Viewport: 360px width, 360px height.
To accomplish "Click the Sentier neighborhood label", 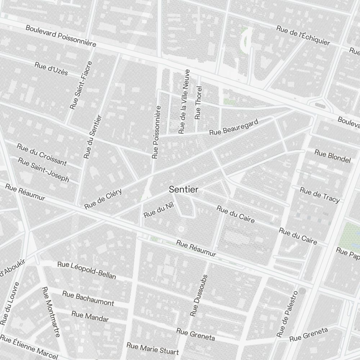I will click(x=184, y=189).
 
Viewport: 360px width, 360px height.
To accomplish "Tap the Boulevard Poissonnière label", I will click(x=61, y=36).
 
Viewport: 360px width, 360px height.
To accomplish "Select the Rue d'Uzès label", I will click(x=51, y=68).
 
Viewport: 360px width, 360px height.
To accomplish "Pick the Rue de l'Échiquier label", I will click(x=303, y=36).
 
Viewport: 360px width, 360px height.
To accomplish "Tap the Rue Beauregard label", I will click(x=234, y=128).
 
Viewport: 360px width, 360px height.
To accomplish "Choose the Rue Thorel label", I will click(x=198, y=103).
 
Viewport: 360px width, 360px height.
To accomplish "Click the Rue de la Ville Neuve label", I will click(x=184, y=102).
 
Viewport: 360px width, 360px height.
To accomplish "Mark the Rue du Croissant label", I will click(x=42, y=154).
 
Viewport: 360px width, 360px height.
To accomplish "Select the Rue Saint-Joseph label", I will click(x=43, y=170).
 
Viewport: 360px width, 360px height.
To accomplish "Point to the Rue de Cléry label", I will click(x=103, y=199).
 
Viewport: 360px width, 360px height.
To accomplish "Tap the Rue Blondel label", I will click(x=332, y=156).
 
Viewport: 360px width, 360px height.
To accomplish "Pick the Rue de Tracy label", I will click(x=320, y=195).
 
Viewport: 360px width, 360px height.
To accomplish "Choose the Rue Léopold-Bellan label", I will click(x=87, y=270).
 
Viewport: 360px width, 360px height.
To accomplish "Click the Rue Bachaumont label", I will click(x=88, y=298).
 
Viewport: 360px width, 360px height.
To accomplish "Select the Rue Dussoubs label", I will click(x=199, y=296).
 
